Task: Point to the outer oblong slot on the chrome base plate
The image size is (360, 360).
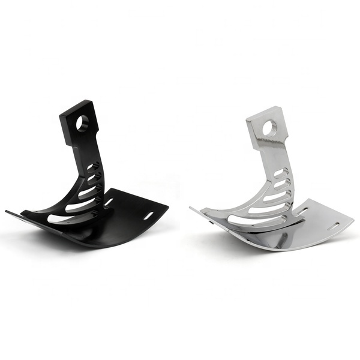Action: click(333, 227)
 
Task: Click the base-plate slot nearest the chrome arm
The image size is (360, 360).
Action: click(298, 209)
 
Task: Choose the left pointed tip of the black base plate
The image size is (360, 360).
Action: click(8, 211)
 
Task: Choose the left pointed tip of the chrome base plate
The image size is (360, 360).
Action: click(191, 208)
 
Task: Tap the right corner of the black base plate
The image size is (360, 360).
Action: click(167, 207)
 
